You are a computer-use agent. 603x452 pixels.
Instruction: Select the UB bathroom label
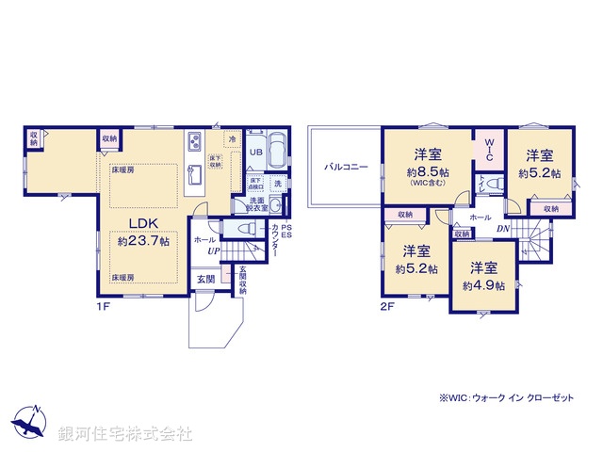pyautogui.click(x=254, y=152)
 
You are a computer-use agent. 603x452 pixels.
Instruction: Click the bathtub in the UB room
pyautogui.click(x=277, y=151)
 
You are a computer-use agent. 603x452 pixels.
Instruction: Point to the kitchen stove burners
pyautogui.click(x=192, y=142)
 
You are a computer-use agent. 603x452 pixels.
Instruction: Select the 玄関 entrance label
pyautogui.click(x=205, y=279)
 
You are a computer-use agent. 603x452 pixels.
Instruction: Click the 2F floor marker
pyautogui.click(x=387, y=306)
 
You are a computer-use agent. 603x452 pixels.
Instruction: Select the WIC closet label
pyautogui.click(x=489, y=151)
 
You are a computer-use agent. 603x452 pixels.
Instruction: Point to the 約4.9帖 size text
pyautogui.click(x=482, y=284)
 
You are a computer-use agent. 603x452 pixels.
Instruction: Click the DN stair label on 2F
pyautogui.click(x=502, y=229)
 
